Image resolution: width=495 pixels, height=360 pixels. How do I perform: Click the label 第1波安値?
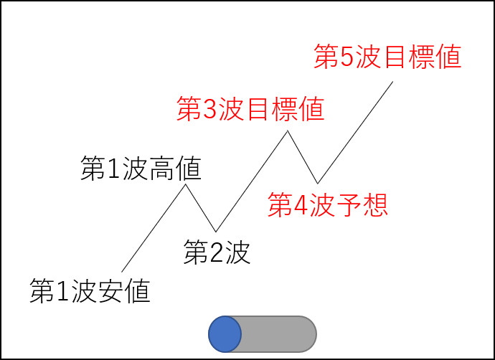click(90, 290)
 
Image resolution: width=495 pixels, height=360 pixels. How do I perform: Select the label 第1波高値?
click(140, 169)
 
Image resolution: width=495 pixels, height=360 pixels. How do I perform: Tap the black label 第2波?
click(217, 253)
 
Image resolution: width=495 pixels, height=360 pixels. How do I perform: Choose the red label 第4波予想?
click(328, 206)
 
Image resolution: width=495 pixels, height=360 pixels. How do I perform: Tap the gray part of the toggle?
click(280, 333)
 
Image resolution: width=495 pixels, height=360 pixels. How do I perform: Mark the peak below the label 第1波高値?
click(187, 185)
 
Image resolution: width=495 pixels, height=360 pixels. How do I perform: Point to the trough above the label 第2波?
click(216, 231)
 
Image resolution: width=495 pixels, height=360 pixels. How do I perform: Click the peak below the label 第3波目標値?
click(288, 131)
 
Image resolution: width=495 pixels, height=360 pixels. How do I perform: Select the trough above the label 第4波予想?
click(317, 182)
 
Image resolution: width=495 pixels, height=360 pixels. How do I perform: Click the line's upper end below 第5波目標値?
click(393, 82)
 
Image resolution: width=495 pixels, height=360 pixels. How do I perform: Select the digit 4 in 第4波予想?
click(300, 207)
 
